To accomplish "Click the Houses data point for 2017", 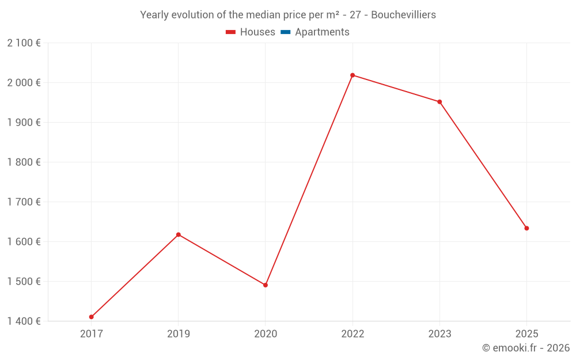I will click(91, 317).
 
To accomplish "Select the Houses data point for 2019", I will click(178, 234).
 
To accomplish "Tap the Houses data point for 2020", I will click(266, 285).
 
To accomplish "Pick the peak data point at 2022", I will click(353, 75).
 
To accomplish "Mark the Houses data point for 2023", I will click(439, 102).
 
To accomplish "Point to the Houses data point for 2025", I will click(526, 228).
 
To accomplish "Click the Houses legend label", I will click(257, 32).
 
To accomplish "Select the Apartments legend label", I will click(322, 32).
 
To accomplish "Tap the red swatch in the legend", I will click(231, 32).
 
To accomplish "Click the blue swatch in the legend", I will click(285, 32).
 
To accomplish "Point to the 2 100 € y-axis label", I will click(24, 43).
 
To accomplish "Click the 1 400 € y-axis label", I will click(24, 321).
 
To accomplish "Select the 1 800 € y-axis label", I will click(24, 162).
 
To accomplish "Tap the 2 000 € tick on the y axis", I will click(24, 82).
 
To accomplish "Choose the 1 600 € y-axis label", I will click(24, 241).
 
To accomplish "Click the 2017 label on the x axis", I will click(91, 334).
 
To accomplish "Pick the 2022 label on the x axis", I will click(353, 334).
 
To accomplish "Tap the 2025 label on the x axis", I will click(526, 334).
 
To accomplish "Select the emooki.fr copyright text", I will click(526, 348).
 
